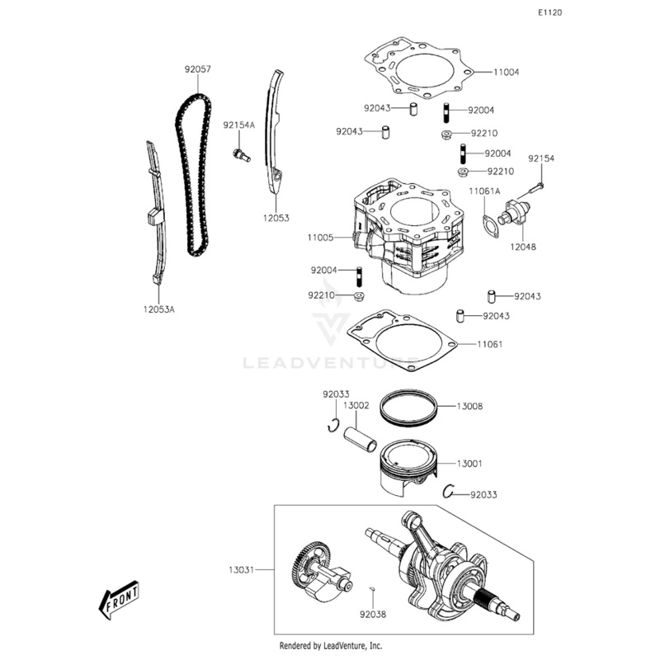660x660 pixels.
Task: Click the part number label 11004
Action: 507,73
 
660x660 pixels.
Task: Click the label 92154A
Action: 239,125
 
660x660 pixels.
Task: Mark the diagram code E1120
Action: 549,14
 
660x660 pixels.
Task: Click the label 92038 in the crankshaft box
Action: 372,613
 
